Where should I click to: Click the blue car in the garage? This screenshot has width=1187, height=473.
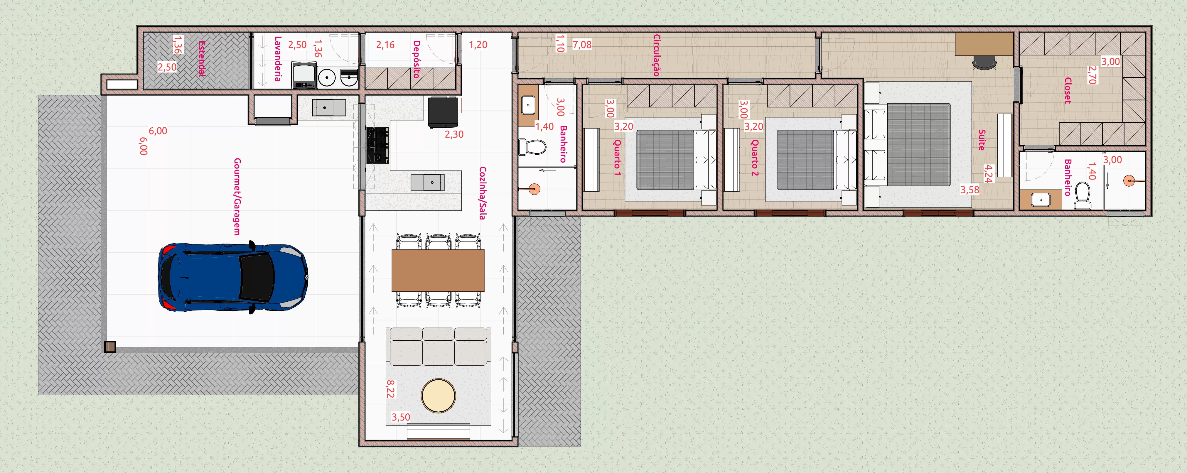(233, 278)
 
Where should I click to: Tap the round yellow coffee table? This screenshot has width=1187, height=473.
(438, 396)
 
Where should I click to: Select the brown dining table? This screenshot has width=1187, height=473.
(438, 270)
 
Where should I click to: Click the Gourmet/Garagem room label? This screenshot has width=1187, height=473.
(237, 197)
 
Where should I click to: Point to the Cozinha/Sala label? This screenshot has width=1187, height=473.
(483, 193)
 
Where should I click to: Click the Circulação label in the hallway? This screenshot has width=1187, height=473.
(657, 55)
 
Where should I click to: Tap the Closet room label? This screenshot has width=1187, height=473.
(1068, 90)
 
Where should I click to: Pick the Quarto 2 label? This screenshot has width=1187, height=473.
(755, 158)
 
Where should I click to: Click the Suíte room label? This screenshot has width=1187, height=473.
(982, 140)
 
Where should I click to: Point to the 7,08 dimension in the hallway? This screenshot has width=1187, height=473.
(582, 45)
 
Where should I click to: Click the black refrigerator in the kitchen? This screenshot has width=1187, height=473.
(443, 112)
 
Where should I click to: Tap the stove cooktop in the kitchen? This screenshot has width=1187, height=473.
(377, 146)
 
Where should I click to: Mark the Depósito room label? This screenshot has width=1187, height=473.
(416, 59)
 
